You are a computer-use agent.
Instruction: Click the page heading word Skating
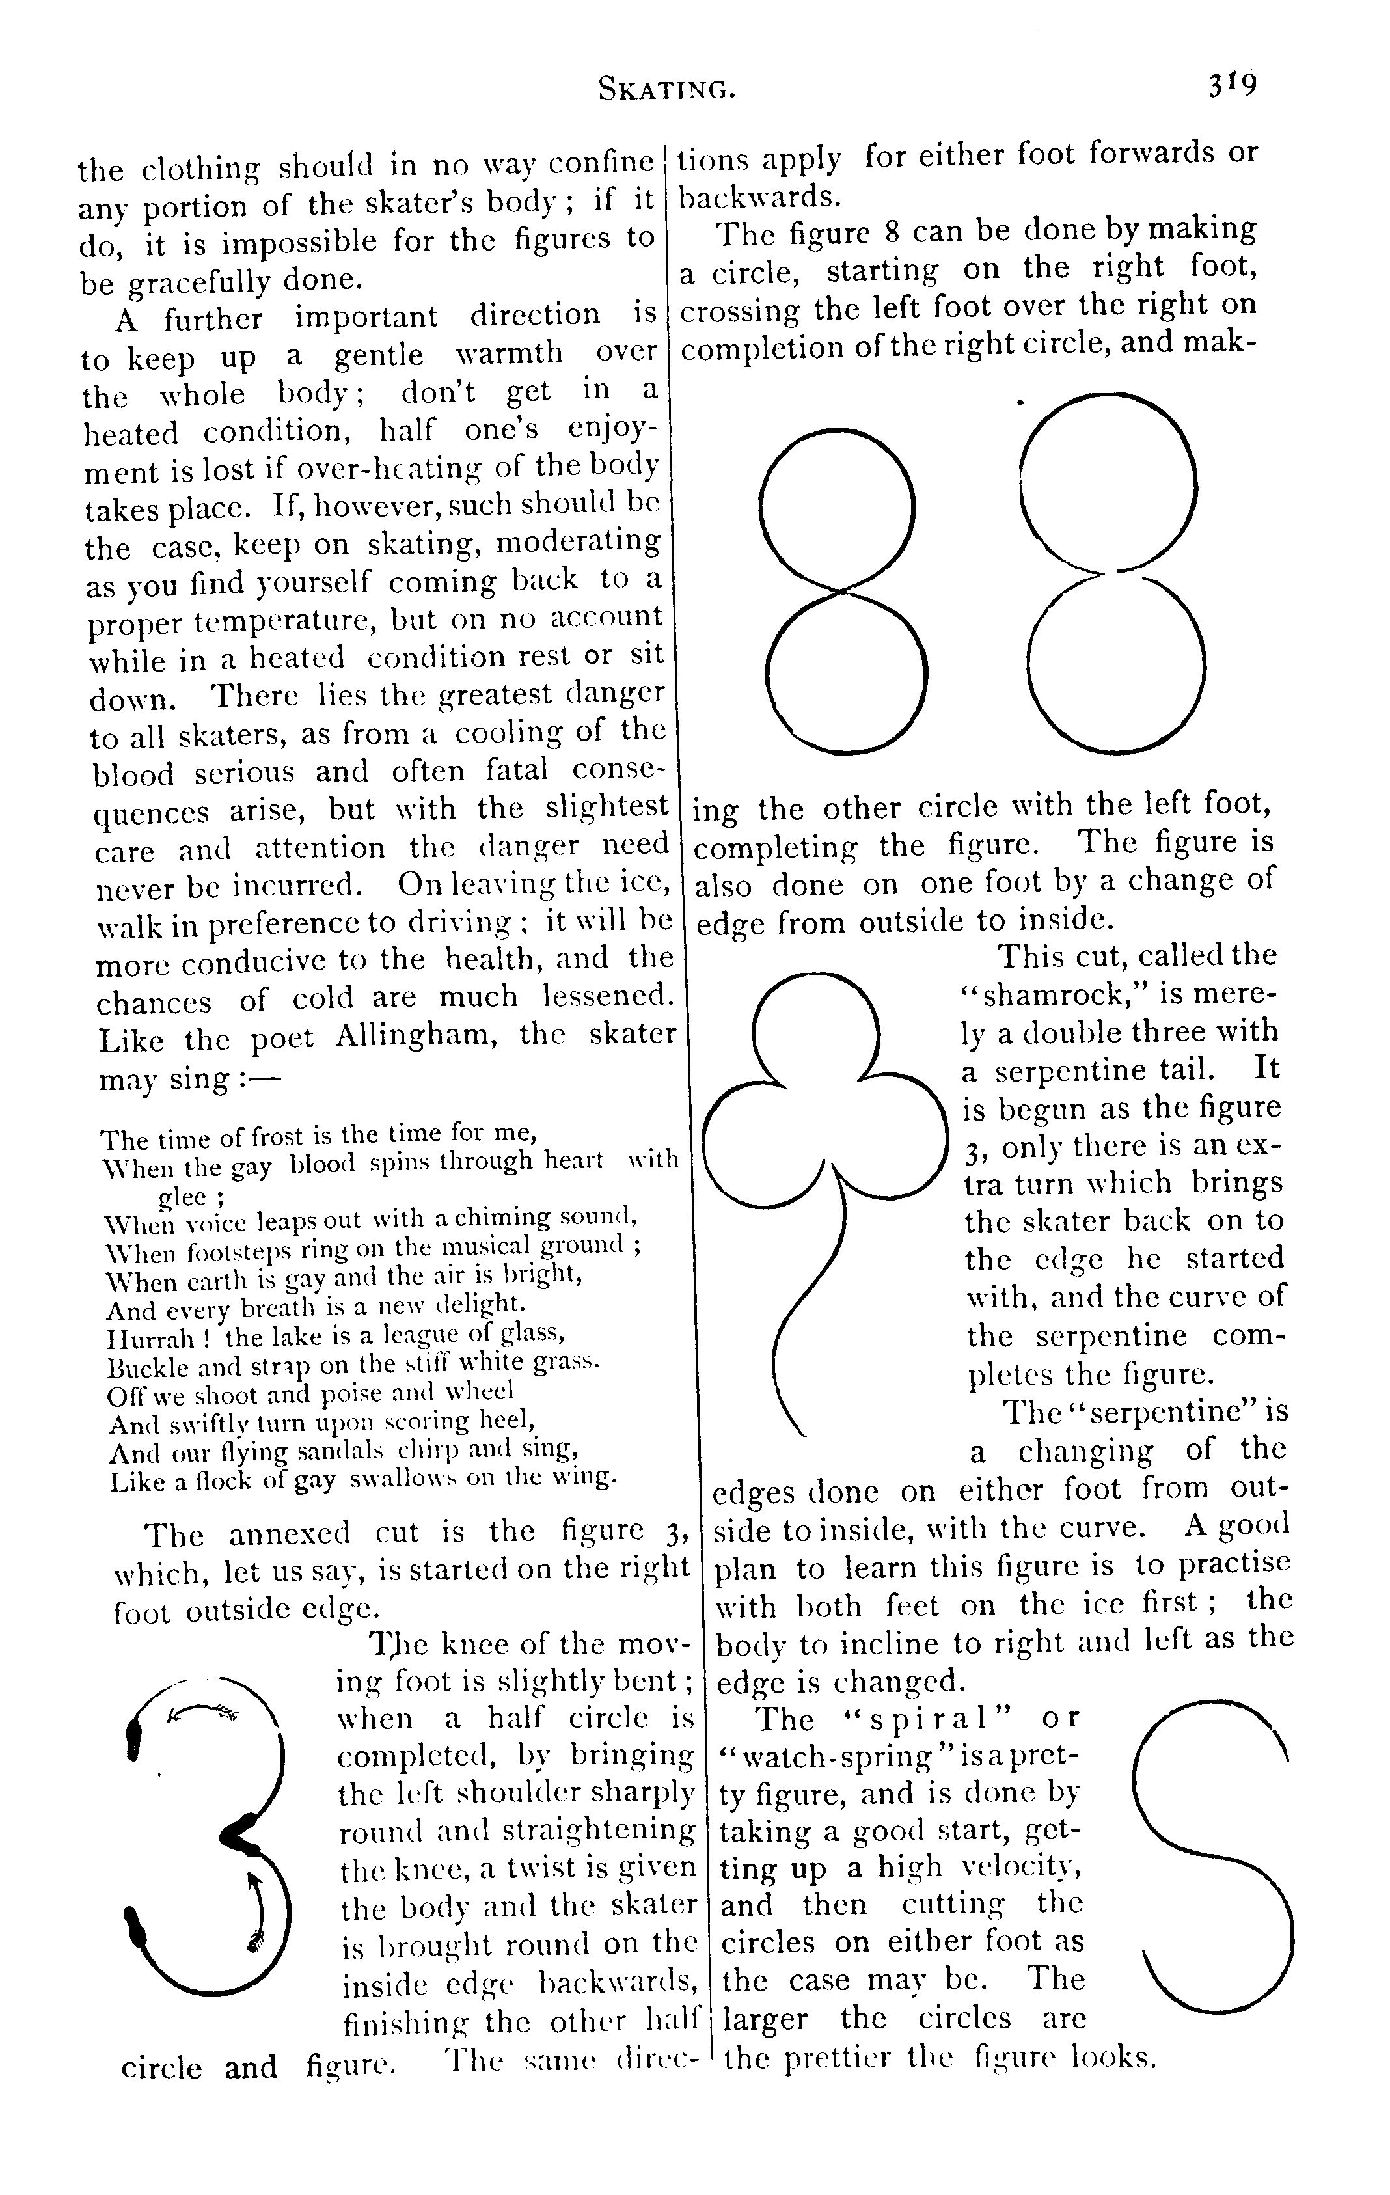666,89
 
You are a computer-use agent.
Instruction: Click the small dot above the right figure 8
1022,400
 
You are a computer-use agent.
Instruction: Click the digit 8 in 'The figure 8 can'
892,232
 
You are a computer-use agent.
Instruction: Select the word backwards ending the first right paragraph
760,196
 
